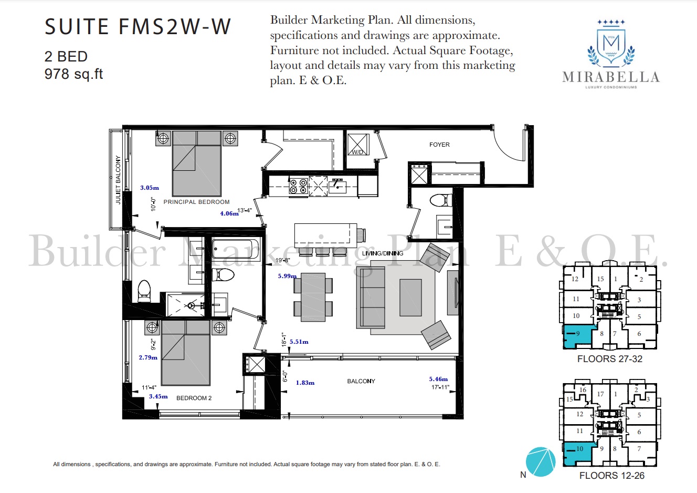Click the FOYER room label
click(x=439, y=145)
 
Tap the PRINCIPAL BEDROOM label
click(x=196, y=202)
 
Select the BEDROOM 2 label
click(x=194, y=398)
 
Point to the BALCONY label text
click(x=361, y=381)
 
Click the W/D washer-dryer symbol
click(x=358, y=145)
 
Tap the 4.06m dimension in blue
click(x=229, y=214)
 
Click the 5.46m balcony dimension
click(x=438, y=379)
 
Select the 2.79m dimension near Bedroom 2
click(x=148, y=357)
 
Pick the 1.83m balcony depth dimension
click(x=305, y=383)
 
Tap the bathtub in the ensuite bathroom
click(x=236, y=249)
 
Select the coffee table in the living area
click(x=410, y=297)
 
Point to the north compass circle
click(x=540, y=462)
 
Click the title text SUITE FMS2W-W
click(x=138, y=27)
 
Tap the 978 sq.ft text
click(x=73, y=74)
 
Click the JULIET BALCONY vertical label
click(x=118, y=180)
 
